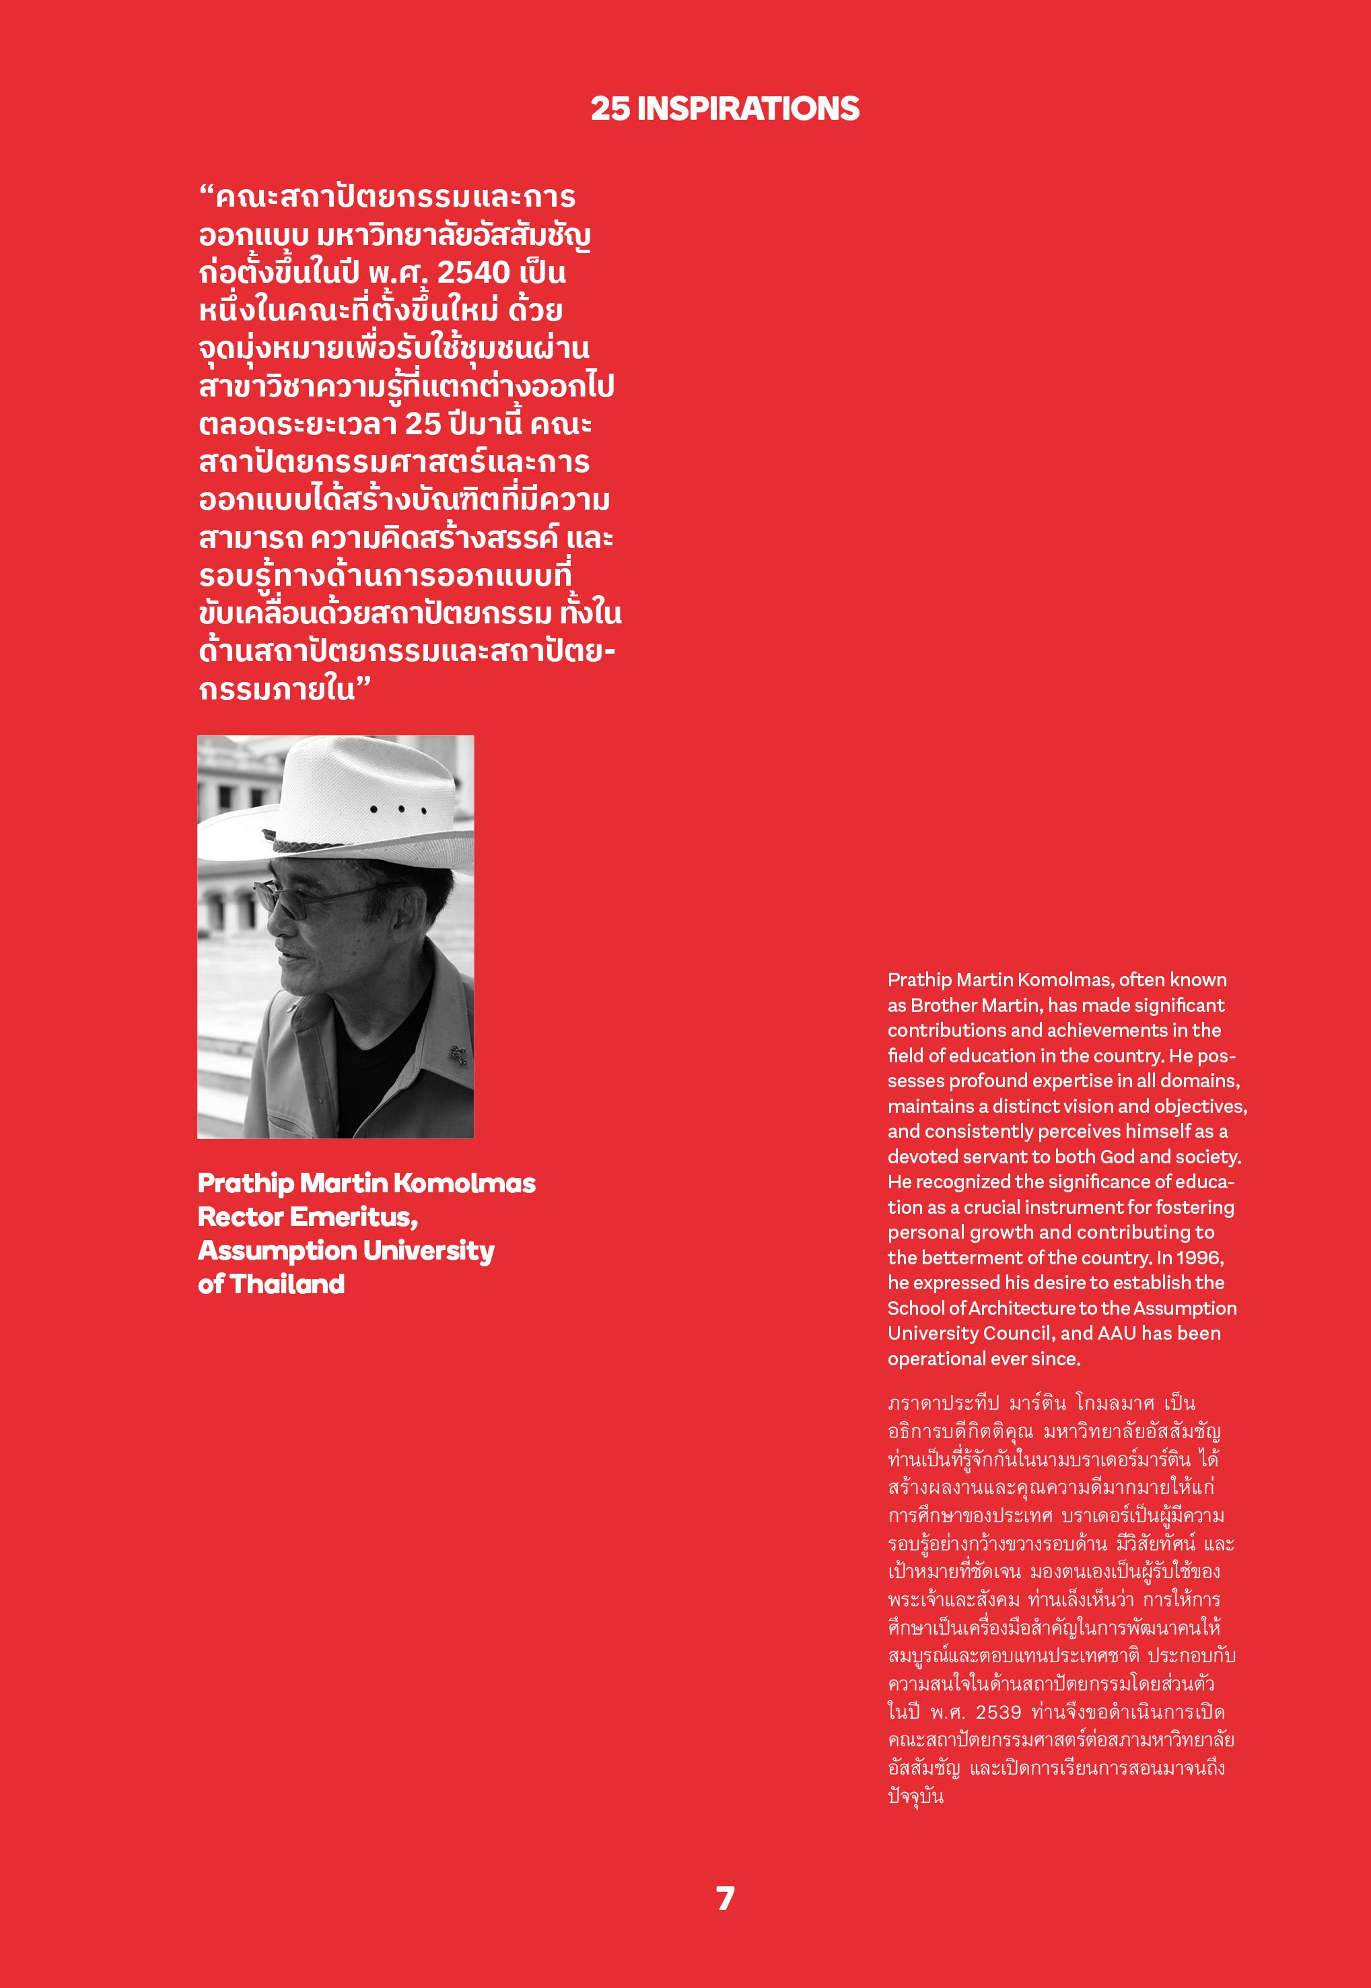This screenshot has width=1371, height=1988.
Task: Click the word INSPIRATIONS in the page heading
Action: [x=747, y=108]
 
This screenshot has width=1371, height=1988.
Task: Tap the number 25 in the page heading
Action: [x=610, y=108]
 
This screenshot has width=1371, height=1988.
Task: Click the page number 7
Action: [x=725, y=1898]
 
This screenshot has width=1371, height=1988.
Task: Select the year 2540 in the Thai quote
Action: [x=473, y=273]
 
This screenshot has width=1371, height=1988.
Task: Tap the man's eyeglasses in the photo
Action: [x=292, y=899]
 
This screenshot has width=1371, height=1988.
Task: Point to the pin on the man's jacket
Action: [x=460, y=1055]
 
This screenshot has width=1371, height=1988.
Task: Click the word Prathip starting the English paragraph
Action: [x=919, y=980]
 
